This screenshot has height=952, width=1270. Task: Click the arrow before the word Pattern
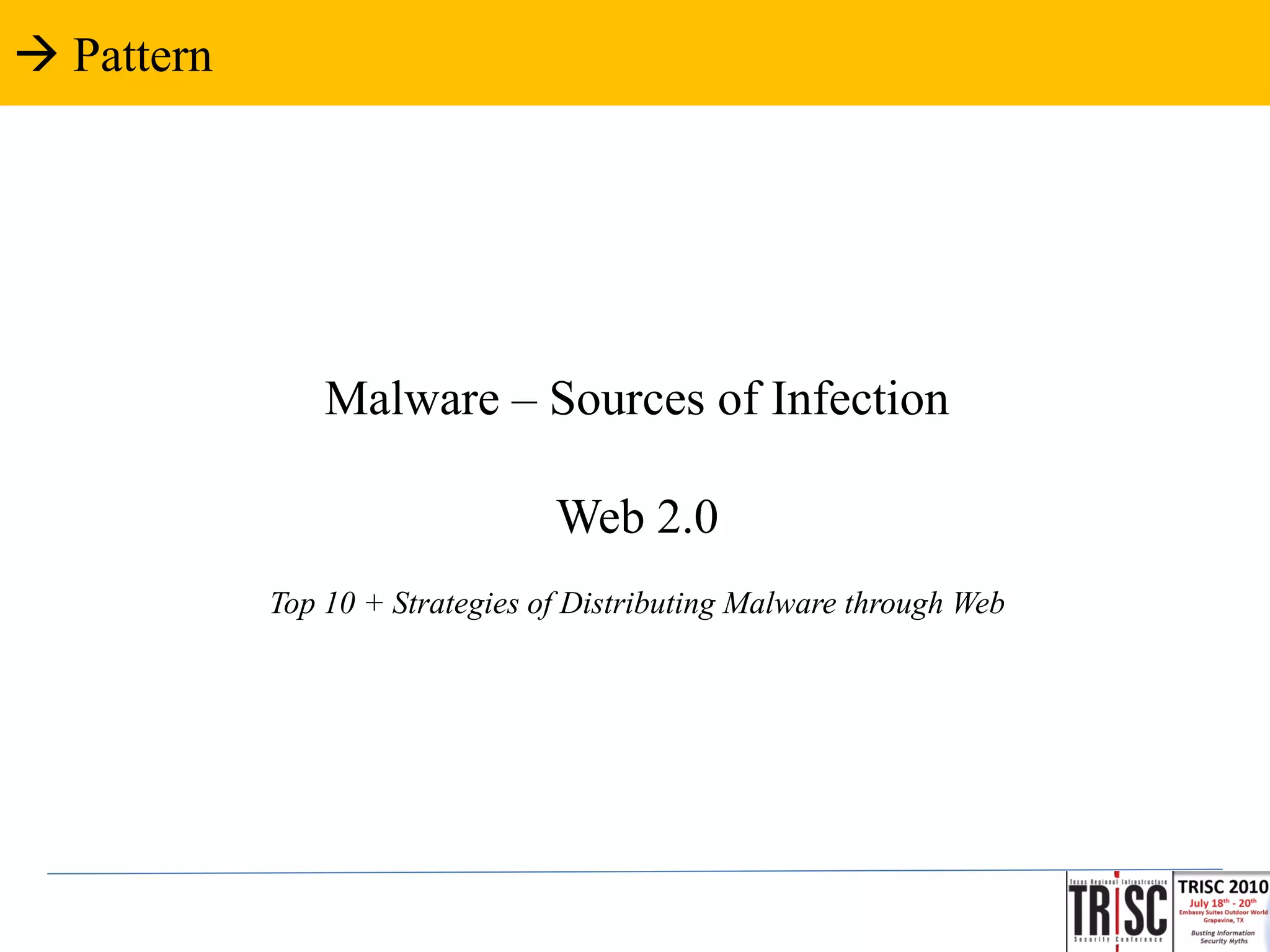[36, 56]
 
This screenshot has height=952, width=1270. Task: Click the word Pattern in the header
[143, 56]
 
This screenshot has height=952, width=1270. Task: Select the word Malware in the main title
[412, 399]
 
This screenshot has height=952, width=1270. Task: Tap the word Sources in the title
[627, 399]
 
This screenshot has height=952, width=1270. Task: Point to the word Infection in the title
[860, 399]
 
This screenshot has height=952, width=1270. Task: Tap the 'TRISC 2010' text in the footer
[1222, 887]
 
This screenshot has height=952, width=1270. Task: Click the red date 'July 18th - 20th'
[1222, 903]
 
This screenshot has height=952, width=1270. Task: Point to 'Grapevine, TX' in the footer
[1223, 920]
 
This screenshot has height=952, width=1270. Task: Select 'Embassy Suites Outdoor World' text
[1223, 912]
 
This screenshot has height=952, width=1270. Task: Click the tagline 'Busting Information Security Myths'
[1223, 937]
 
